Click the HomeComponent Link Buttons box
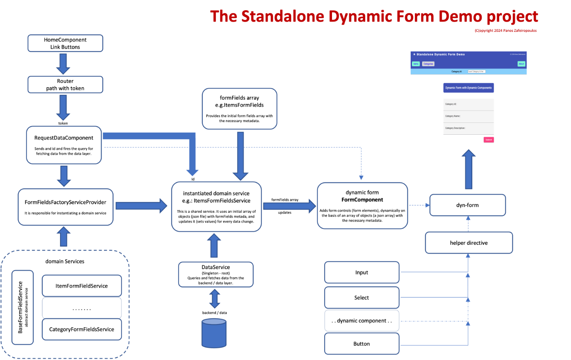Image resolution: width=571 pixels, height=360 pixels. [65, 44]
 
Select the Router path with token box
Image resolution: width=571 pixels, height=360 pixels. [65, 85]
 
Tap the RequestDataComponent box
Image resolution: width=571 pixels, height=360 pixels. [64, 145]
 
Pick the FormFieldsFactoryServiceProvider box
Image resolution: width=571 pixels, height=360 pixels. [65, 207]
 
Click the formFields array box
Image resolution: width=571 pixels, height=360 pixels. [239, 109]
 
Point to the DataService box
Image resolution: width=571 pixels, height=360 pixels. [216, 275]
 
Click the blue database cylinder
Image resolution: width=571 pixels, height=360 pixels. [214, 333]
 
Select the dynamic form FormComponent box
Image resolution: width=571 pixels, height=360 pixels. [362, 205]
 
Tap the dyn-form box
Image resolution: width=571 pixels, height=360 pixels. [467, 205]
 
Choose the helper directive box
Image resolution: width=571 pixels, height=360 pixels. [469, 243]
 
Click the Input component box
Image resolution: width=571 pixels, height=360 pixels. [361, 273]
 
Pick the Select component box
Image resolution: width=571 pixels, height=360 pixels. [361, 298]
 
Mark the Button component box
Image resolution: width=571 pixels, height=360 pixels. [361, 344]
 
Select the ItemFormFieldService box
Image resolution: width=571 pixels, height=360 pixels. [82, 286]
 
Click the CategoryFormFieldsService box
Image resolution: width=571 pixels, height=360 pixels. [82, 329]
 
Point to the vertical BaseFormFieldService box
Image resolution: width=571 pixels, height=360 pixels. [22, 307]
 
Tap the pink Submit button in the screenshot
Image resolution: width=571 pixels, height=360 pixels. [489, 140]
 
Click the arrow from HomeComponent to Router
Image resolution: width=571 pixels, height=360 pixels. [63, 63]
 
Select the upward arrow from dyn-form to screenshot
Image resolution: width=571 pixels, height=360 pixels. [469, 169]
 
